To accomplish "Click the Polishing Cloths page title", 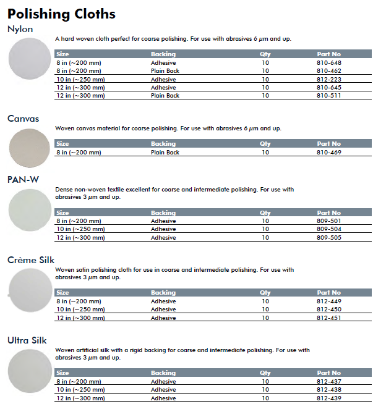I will point(61,14).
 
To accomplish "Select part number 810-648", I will point(328,63).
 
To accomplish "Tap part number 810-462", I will point(328,71).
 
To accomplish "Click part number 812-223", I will point(328,80).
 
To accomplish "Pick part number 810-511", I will point(328,96).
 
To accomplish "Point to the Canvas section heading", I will point(24,119).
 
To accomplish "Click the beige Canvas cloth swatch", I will point(29,148).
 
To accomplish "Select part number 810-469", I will point(328,152).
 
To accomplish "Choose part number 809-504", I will point(328,229).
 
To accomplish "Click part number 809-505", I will point(328,238).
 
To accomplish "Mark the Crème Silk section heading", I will point(31,260).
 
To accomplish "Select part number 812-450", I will point(328,310).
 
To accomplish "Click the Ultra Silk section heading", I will point(27,340).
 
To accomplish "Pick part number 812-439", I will point(328,398).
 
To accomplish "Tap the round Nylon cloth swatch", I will point(30,58).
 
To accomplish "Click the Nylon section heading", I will point(20,29).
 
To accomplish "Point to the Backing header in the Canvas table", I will point(163,144).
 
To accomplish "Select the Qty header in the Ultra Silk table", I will point(265,373).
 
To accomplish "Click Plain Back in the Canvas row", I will point(165,152).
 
